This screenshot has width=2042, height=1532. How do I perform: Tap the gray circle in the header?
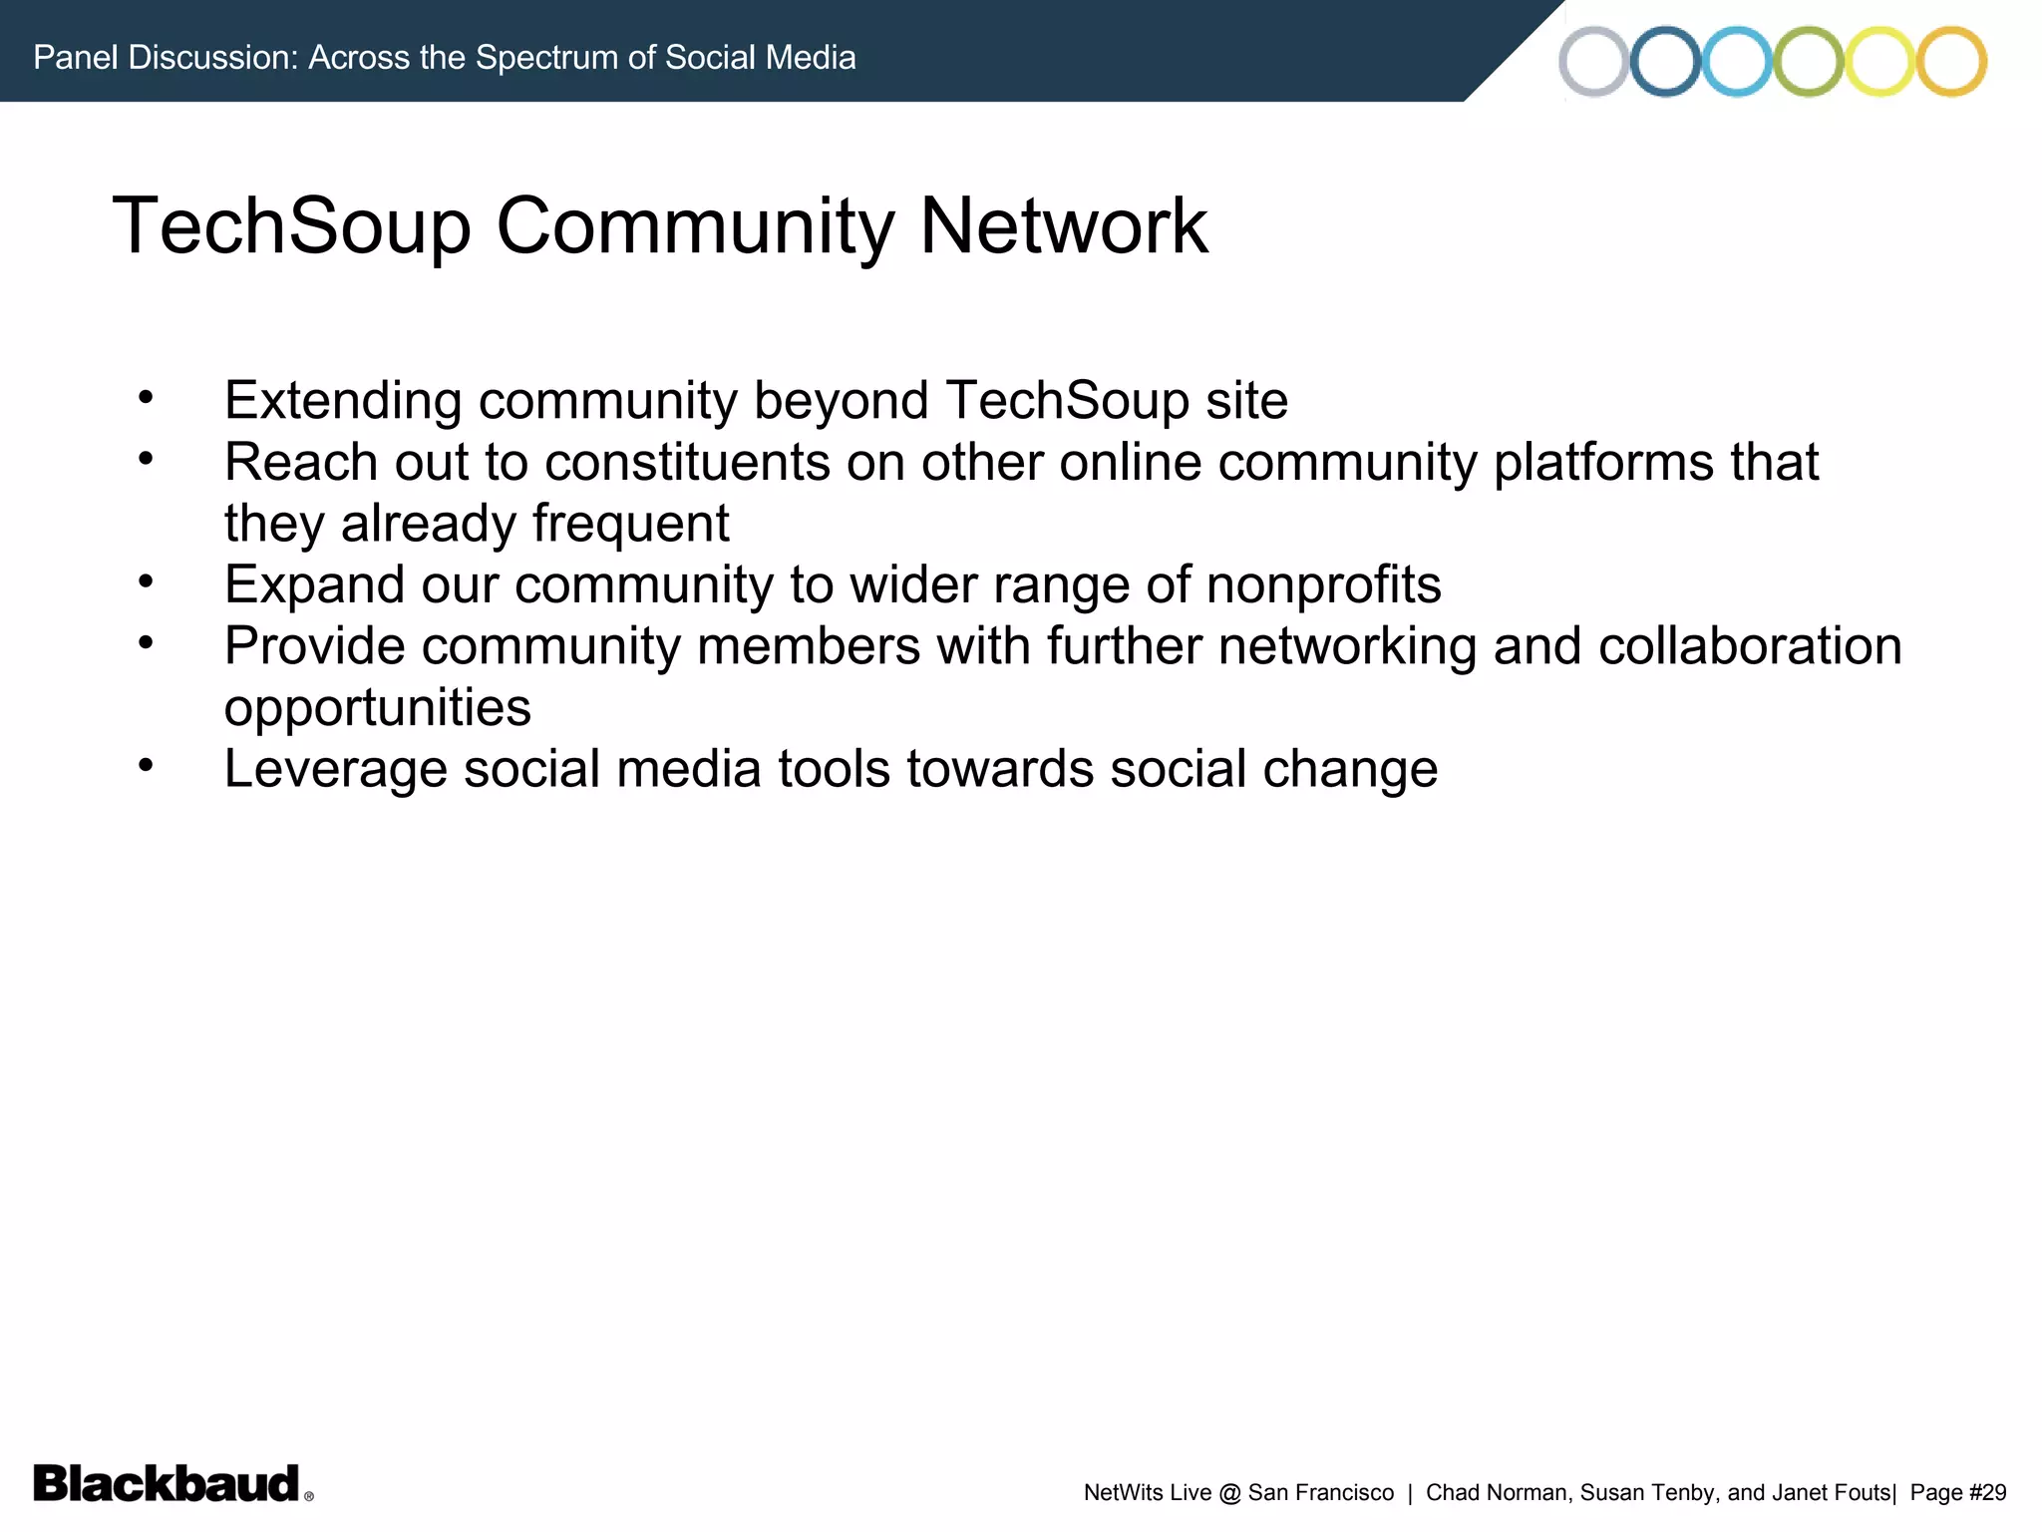coord(1593,61)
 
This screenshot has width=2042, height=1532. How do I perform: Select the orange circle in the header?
coord(1951,61)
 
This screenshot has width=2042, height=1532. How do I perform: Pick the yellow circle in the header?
coord(1879,61)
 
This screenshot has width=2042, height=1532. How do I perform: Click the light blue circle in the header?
coord(1737,61)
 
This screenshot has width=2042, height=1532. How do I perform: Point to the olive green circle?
coord(1808,61)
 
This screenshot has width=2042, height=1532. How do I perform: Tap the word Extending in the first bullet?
coord(343,401)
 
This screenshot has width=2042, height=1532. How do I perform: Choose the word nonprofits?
coord(1323,584)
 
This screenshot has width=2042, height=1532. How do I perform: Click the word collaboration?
coord(1750,646)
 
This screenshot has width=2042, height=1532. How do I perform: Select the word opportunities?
coord(377,708)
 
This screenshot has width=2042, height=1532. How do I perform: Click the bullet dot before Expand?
coord(146,580)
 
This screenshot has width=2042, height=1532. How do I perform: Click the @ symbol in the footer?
coord(1229,1492)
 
